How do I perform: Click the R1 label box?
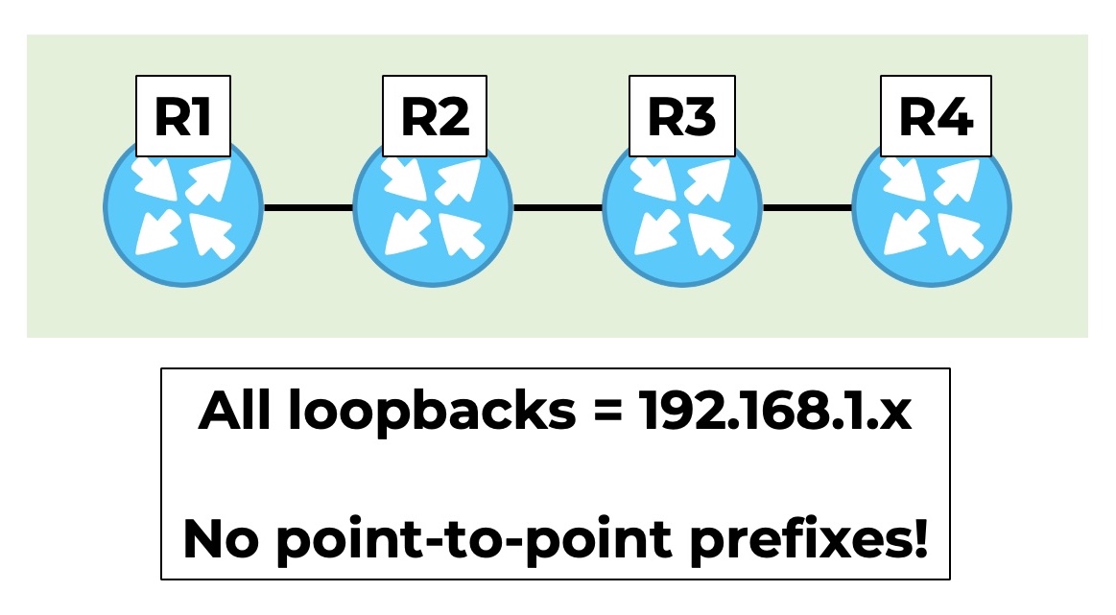pyautogui.click(x=183, y=116)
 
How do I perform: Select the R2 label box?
pyautogui.click(x=435, y=116)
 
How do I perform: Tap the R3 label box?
pyautogui.click(x=682, y=116)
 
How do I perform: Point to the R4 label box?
pyautogui.click(x=936, y=116)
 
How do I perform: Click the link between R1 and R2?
pyautogui.click(x=308, y=208)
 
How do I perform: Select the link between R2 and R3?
pyautogui.click(x=558, y=208)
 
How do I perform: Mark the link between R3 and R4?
pyautogui.click(x=808, y=208)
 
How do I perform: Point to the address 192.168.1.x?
pyautogui.click(x=774, y=411)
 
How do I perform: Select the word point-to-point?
pyautogui.click(x=473, y=540)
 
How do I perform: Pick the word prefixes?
pyautogui.click(x=809, y=540)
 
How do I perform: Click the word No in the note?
pyautogui.click(x=221, y=539)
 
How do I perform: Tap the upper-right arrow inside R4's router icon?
pyautogui.click(x=959, y=180)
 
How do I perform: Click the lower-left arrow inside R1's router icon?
pyautogui.click(x=157, y=231)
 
